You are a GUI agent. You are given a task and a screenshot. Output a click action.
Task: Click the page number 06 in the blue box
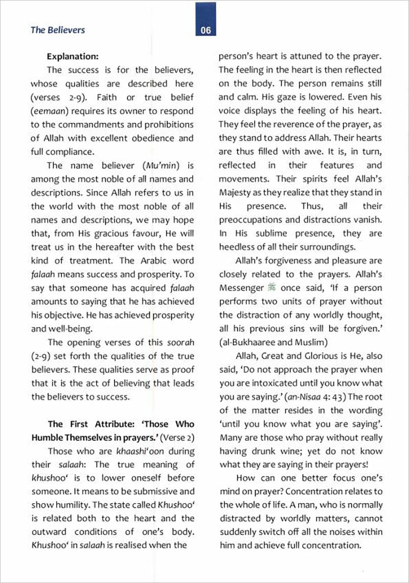pos(206,30)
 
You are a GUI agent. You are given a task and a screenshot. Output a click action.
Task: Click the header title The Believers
pos(58,30)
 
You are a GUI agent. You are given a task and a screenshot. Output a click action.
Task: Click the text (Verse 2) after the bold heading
pos(177,437)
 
